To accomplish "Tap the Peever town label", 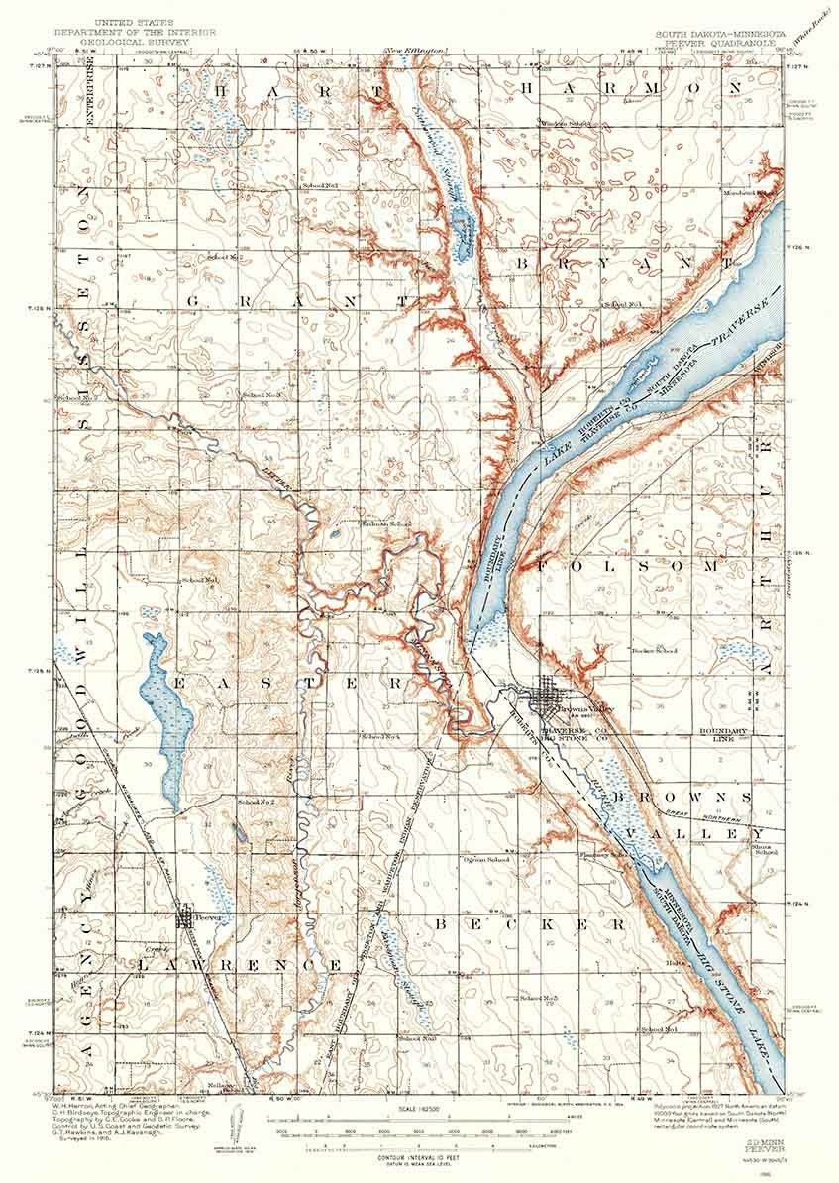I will pyautogui.click(x=205, y=916).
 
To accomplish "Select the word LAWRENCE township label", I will pyautogui.click(x=241, y=964).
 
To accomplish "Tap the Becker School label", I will pyautogui.click(x=654, y=651).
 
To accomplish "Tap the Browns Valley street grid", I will pyautogui.click(x=547, y=699).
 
